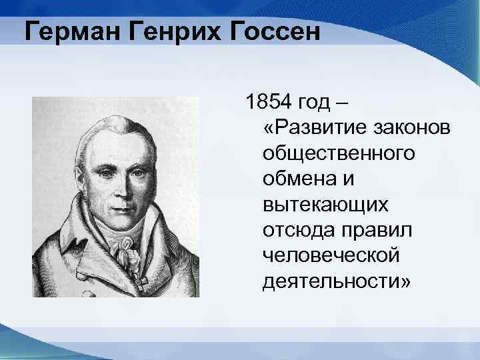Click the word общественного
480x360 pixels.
(x=339, y=153)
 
